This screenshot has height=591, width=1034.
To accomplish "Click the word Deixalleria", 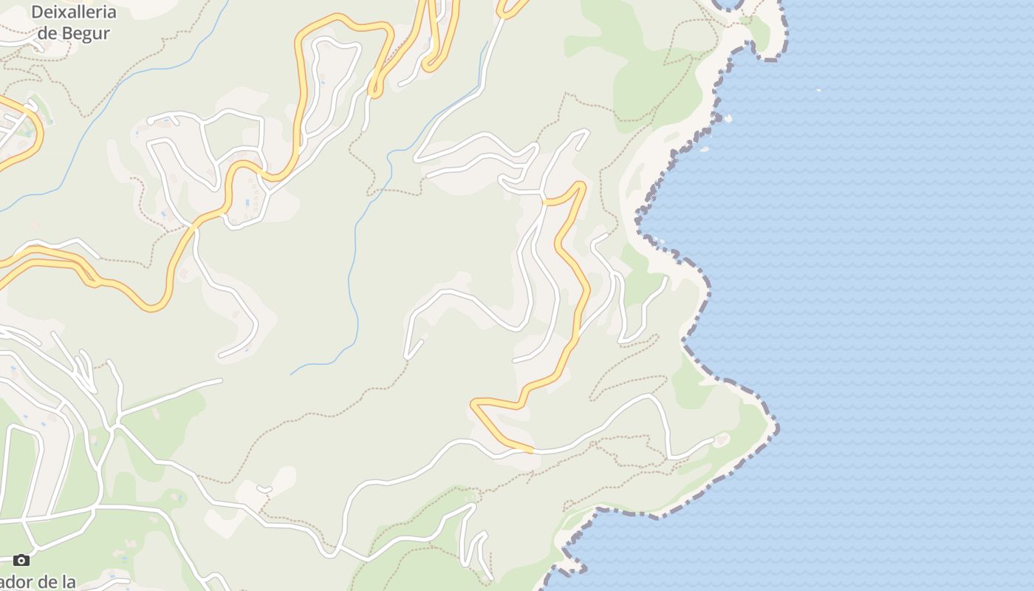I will (x=74, y=13).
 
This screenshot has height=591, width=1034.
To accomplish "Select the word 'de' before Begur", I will (x=47, y=33).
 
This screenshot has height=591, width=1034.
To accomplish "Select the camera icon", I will (x=21, y=561).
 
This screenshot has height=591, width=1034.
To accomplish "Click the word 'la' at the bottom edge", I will (x=67, y=582).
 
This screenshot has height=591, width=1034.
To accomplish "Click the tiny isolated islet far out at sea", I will (x=818, y=90).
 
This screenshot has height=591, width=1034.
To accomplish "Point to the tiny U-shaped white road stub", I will (x=264, y=489).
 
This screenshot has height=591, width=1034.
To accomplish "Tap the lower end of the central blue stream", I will (x=292, y=373).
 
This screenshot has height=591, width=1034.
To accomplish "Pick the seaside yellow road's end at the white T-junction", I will (x=545, y=202).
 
